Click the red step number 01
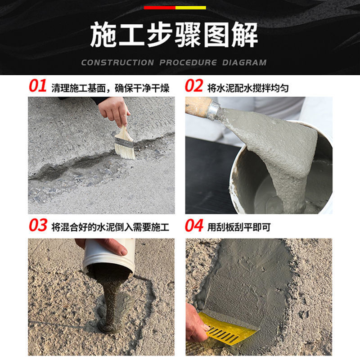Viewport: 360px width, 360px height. click(38, 86)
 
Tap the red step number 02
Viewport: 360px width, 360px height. click(194, 86)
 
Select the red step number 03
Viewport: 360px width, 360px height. click(38, 225)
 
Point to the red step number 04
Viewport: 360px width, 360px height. click(194, 225)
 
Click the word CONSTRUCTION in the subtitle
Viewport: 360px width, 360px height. click(117, 63)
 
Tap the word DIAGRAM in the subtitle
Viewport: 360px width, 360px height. click(244, 63)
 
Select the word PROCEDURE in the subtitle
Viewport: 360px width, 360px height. click(188, 63)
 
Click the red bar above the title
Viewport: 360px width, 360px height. click(160, 8)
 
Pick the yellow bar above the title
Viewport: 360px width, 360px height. click(190, 8)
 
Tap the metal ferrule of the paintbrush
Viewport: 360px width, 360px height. click(124, 142)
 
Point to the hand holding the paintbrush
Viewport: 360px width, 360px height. click(114, 111)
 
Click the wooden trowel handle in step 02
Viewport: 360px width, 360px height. click(198, 106)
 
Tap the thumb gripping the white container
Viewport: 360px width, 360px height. click(110, 247)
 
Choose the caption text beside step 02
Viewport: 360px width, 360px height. click(248, 88)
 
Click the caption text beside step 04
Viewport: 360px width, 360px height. click(239, 227)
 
